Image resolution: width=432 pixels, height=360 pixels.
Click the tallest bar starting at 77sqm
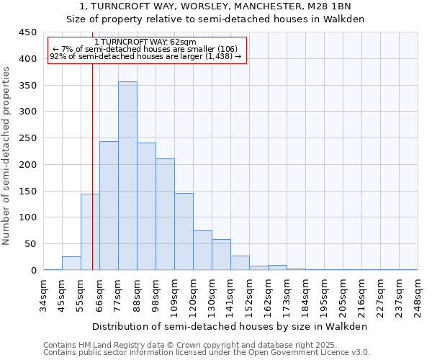127,176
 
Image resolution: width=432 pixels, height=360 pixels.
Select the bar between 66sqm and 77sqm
109,206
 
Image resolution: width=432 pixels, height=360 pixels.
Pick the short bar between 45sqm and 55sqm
71,264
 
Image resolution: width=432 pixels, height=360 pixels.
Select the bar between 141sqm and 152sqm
240,264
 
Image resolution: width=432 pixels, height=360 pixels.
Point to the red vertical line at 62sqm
92,180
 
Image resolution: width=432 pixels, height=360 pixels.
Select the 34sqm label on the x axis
44,294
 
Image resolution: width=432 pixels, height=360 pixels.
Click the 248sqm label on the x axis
418,294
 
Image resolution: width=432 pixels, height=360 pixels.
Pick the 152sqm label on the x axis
250,294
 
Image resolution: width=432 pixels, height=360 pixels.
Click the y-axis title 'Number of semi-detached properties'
6,156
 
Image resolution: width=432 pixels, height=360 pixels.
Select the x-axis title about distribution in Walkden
230,326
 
